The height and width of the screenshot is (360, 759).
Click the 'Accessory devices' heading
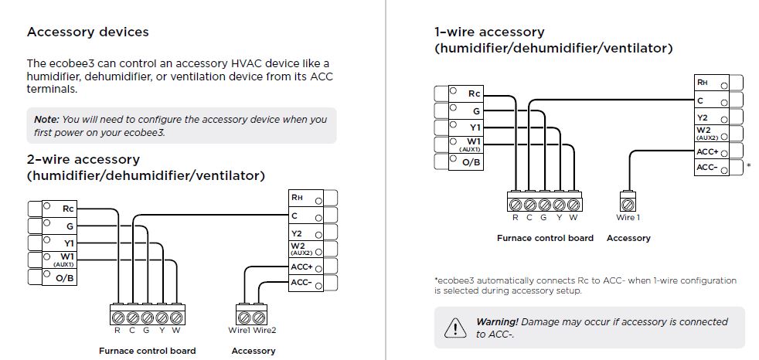88,32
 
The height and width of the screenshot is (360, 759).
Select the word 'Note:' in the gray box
46,120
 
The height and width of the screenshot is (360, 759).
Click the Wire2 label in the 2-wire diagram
264,331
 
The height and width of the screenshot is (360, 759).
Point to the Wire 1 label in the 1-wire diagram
628,217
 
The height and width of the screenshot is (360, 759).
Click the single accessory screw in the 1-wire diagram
628,205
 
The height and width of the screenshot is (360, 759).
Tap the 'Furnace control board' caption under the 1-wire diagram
545,238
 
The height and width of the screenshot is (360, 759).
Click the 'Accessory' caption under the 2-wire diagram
253,351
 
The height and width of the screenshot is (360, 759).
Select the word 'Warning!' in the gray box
496,321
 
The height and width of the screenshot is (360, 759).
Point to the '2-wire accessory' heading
83,159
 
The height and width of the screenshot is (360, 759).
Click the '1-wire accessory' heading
489,32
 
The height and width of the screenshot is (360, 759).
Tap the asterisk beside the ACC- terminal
748,165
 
